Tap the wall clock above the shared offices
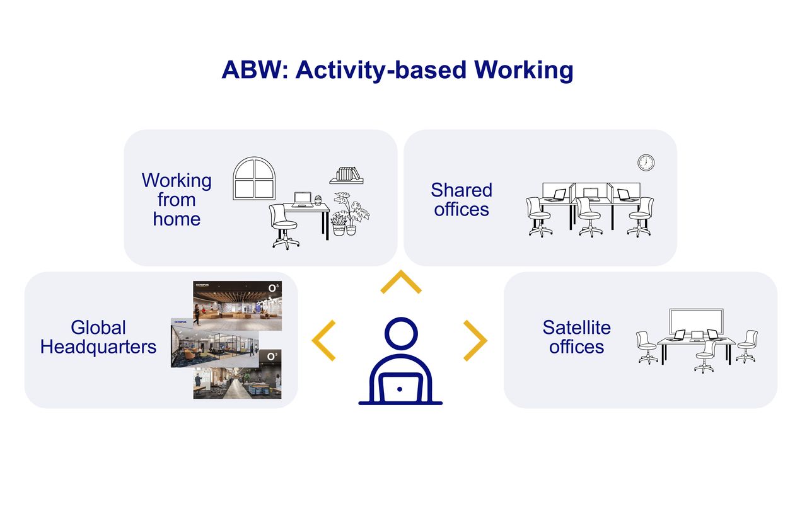pyautogui.click(x=646, y=163)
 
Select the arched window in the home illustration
pyautogui.click(x=254, y=179)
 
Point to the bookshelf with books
pyautogui.click(x=346, y=176)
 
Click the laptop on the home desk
pyautogui.click(x=303, y=199)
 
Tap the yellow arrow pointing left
pyautogui.click(x=324, y=341)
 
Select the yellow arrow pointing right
pyautogui.click(x=475, y=341)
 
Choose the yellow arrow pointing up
pyautogui.click(x=400, y=283)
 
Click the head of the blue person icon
pyautogui.click(x=400, y=337)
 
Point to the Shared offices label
pyautogui.click(x=462, y=200)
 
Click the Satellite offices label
pyautogui.click(x=576, y=337)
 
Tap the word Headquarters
pyautogui.click(x=98, y=347)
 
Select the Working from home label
pyautogui.click(x=177, y=200)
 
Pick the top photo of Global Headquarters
pyautogui.click(x=237, y=301)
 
